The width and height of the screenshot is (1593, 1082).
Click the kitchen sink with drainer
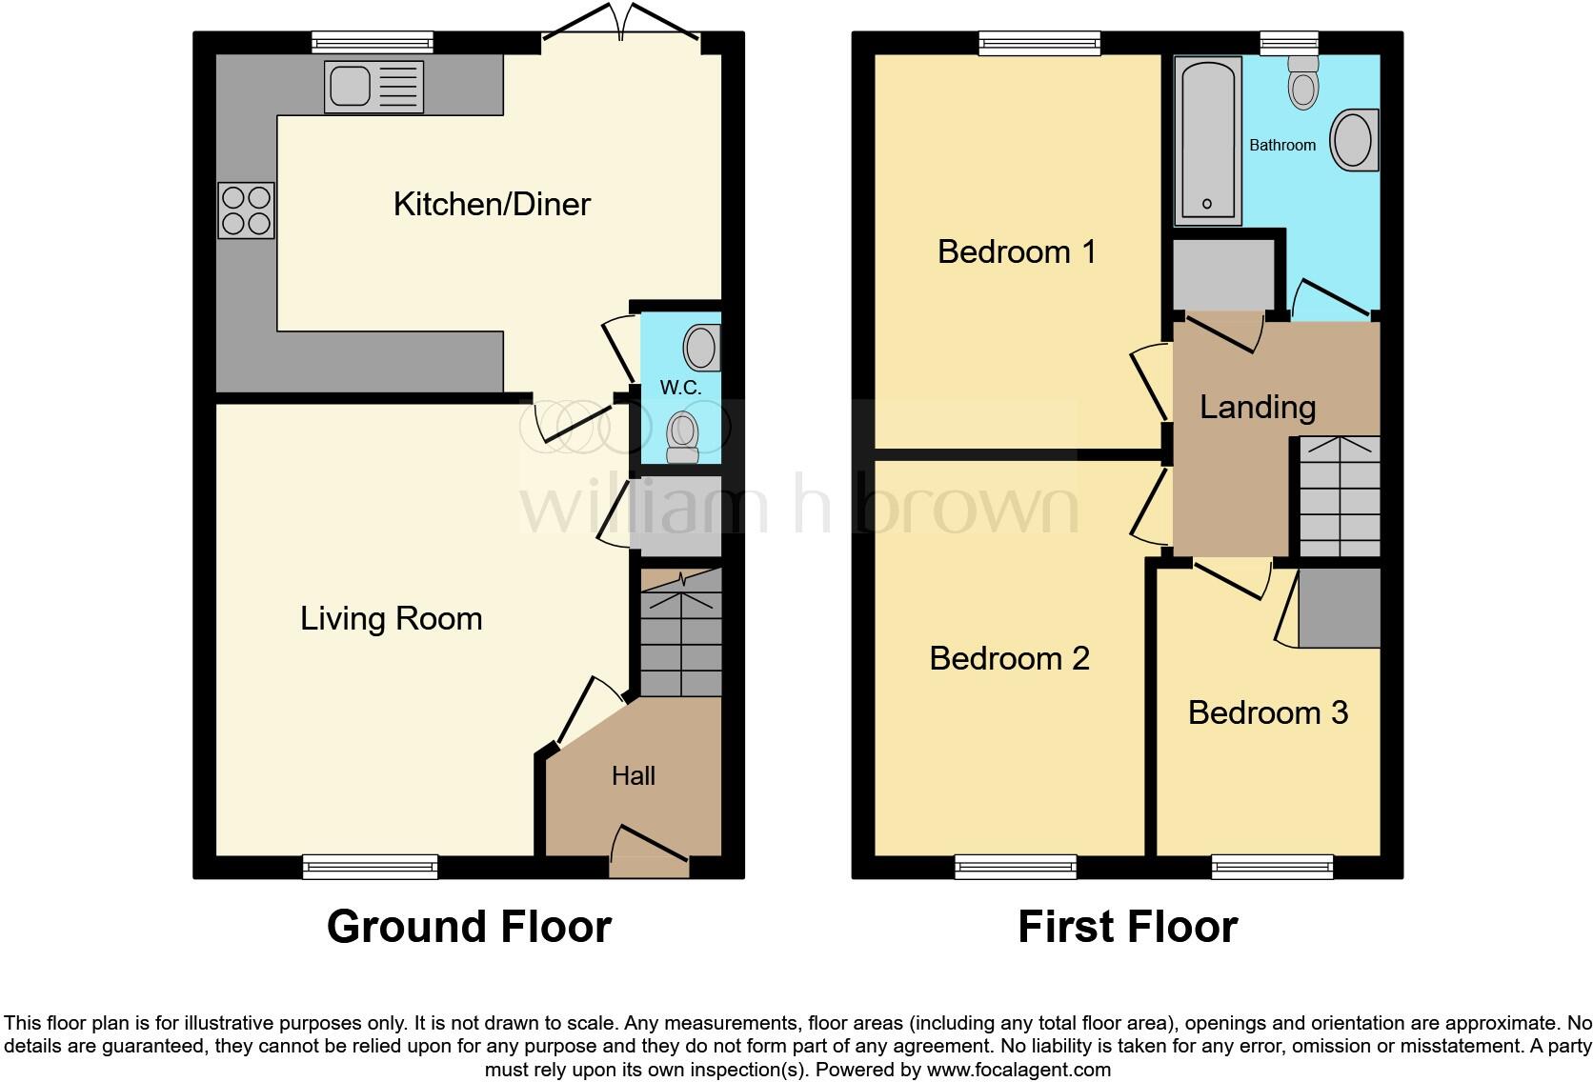[373, 87]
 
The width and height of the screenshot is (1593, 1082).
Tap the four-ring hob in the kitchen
[247, 210]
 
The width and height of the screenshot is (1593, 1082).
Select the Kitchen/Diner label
[492, 204]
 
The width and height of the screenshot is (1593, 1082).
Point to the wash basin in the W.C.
[702, 349]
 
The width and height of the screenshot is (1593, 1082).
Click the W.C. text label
[680, 388]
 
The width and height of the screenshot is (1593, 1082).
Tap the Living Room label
[391, 618]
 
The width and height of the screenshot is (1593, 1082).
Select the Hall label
[633, 775]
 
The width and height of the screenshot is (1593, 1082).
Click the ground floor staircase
[680, 633]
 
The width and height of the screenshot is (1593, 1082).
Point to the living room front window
[370, 866]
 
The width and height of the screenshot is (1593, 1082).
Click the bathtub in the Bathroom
[1208, 140]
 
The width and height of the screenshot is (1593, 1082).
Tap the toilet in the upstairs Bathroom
[1302, 83]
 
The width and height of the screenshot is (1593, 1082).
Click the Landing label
[1257, 407]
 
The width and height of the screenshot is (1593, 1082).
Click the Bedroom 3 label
[1267, 712]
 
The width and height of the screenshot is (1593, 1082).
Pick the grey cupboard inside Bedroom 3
[1339, 608]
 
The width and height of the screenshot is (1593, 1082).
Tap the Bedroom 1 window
[1039, 43]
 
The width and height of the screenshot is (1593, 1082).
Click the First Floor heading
[1127, 927]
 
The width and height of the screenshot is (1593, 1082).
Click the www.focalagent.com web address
[1018, 1070]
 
